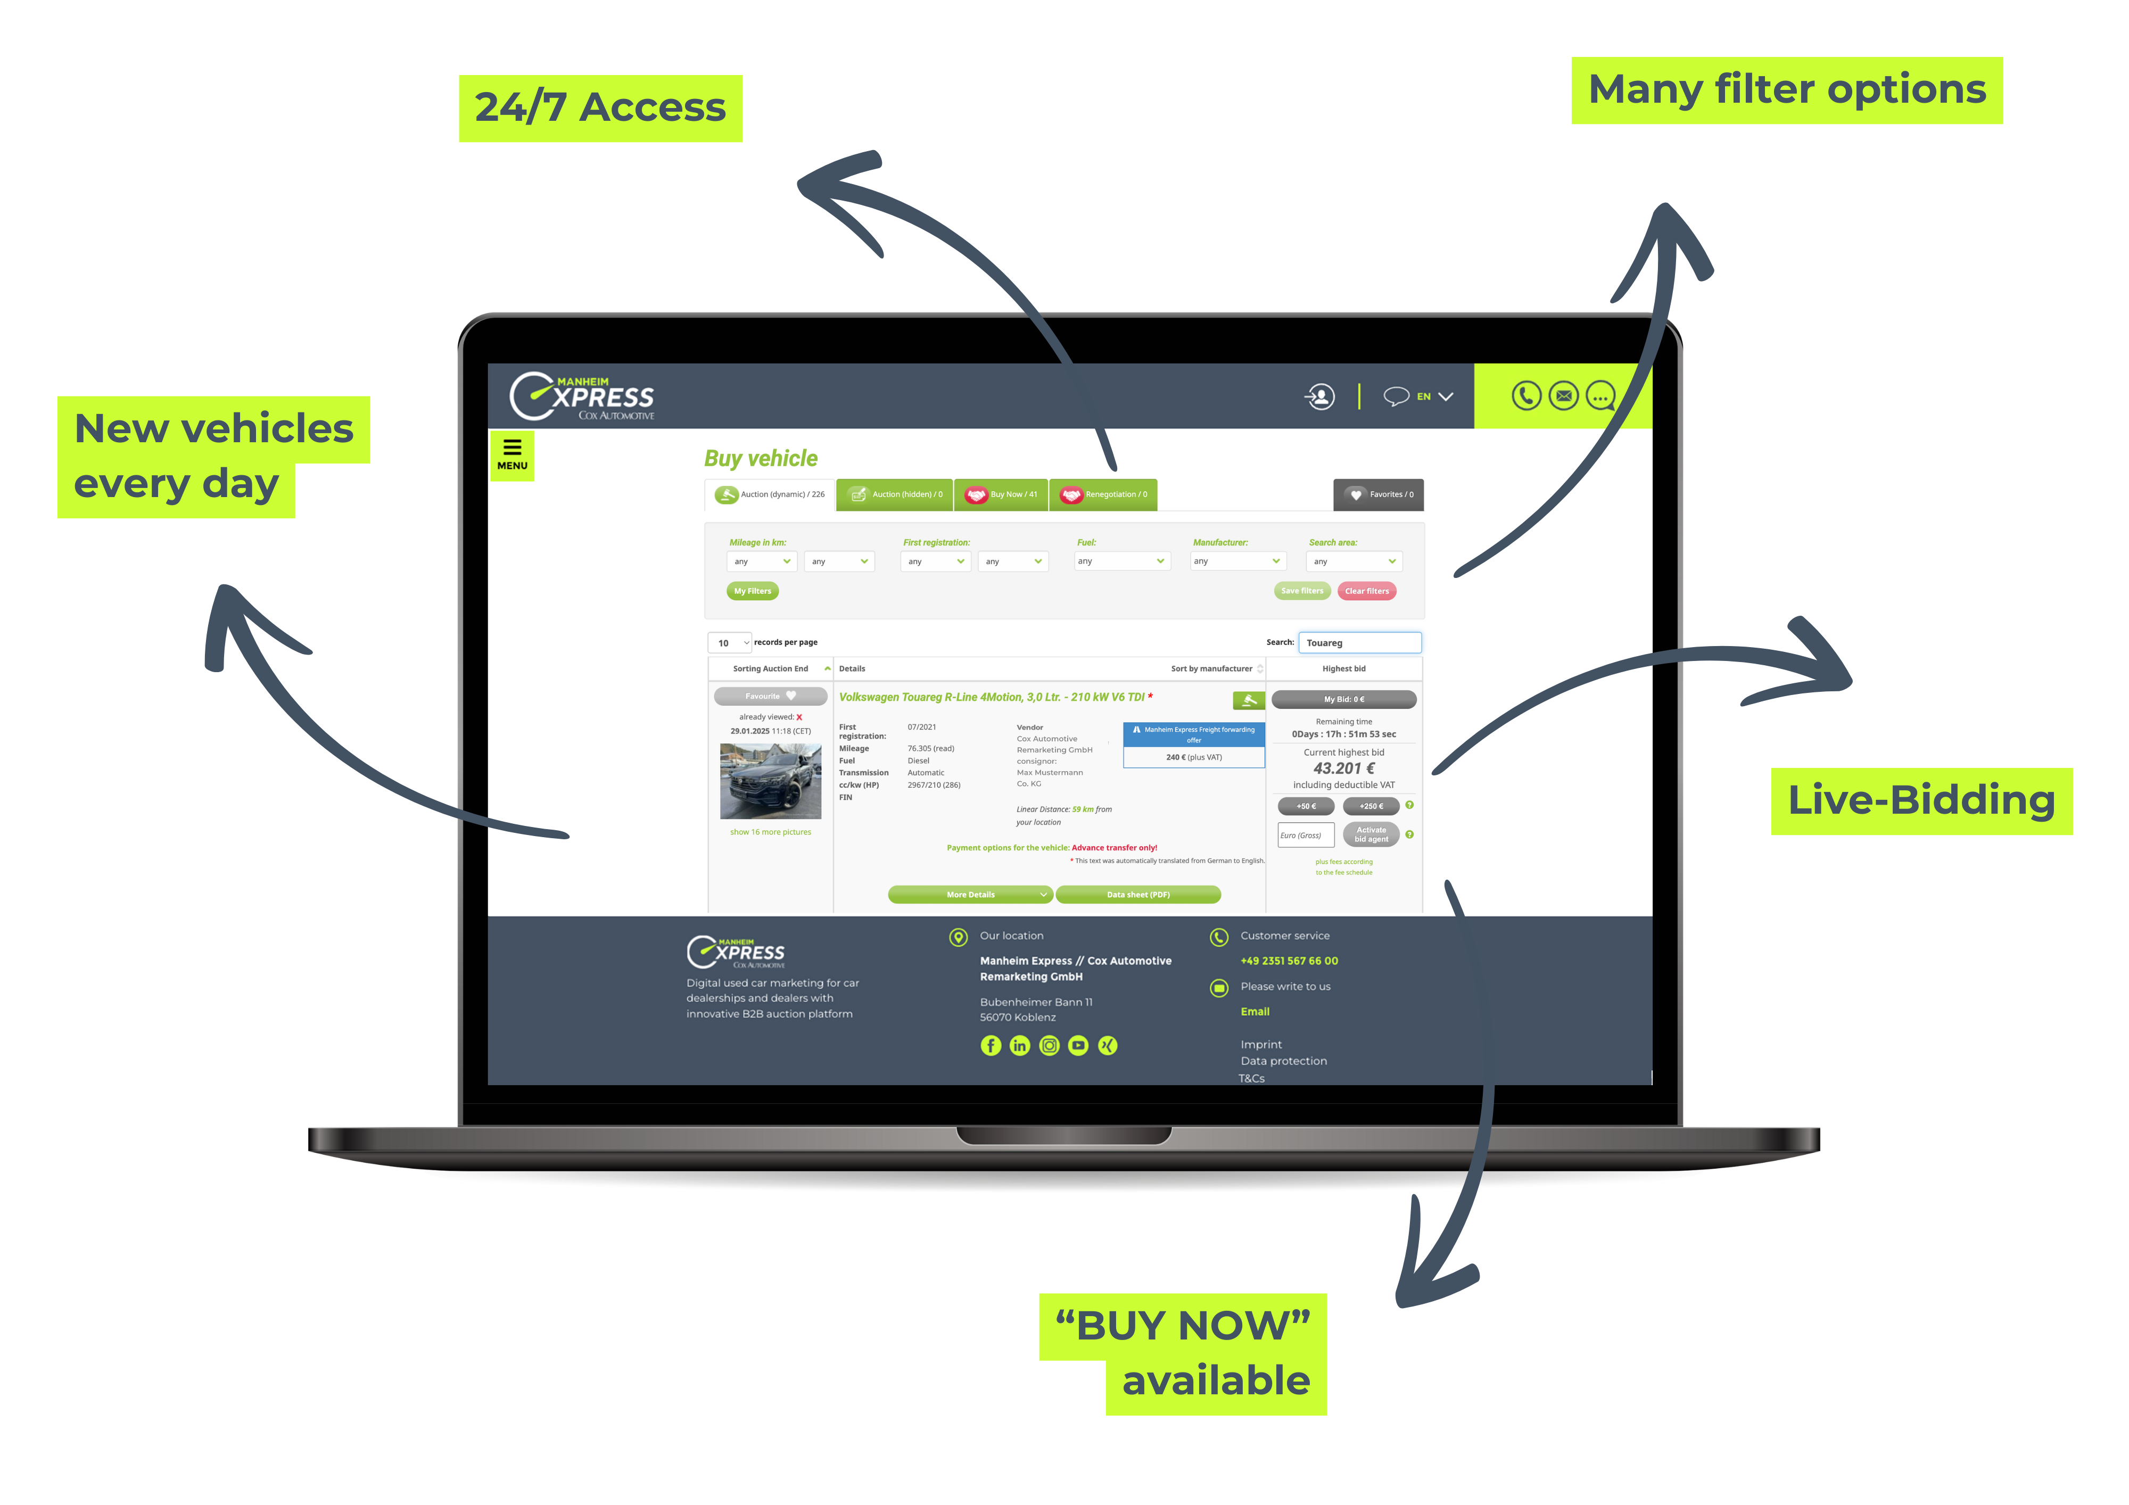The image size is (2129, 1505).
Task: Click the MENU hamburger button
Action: click(x=512, y=454)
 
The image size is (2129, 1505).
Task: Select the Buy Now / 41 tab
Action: click(x=1002, y=494)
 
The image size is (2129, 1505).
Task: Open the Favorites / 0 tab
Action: click(x=1379, y=494)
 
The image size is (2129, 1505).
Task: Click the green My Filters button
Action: click(x=752, y=591)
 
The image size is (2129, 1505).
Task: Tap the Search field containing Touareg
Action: click(x=1359, y=643)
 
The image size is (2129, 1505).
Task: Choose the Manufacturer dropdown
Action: click(x=1237, y=561)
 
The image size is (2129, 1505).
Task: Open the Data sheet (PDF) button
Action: click(x=1138, y=895)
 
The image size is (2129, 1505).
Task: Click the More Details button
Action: click(x=970, y=895)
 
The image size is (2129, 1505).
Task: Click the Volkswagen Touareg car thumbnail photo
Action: click(x=771, y=781)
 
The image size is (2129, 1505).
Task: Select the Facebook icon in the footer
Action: click(x=991, y=1046)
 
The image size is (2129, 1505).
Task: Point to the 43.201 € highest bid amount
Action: click(x=1343, y=768)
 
